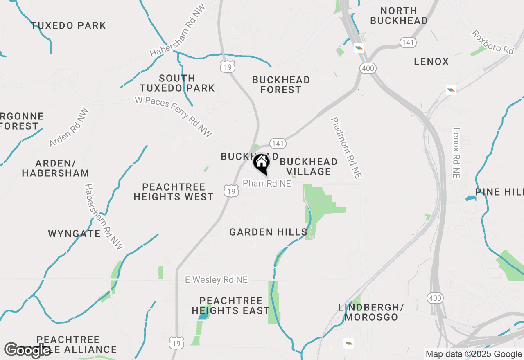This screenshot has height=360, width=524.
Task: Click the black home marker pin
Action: tap(261, 164)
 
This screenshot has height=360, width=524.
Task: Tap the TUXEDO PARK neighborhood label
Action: tap(69, 25)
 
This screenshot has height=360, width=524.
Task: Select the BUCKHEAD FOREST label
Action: tap(281, 85)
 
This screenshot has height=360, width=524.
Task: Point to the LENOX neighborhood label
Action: tap(431, 61)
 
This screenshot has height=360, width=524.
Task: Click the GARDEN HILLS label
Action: tap(268, 232)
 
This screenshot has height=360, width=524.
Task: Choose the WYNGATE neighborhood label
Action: tap(74, 234)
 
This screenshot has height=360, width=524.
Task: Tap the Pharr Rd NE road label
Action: tap(267, 184)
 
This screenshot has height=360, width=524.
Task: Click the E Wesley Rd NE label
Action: tap(217, 280)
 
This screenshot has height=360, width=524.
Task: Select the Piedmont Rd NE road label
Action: tap(346, 148)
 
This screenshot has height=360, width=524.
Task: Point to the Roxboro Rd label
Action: tap(492, 42)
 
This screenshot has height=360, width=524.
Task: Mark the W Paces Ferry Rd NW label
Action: tap(174, 117)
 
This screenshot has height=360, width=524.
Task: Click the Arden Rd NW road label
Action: tap(68, 128)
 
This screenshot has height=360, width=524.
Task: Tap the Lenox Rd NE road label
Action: tap(456, 153)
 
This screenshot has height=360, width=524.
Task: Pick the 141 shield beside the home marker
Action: tap(278, 144)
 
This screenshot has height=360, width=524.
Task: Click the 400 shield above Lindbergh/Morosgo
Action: tap(434, 298)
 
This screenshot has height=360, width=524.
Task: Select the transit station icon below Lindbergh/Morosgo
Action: tap(349, 343)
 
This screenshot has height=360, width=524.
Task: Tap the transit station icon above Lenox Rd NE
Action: tap(451, 90)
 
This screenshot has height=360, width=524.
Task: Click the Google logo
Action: tap(27, 350)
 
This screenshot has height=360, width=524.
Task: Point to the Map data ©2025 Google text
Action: tap(474, 354)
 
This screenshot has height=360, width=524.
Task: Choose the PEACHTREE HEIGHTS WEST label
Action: tap(174, 192)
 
